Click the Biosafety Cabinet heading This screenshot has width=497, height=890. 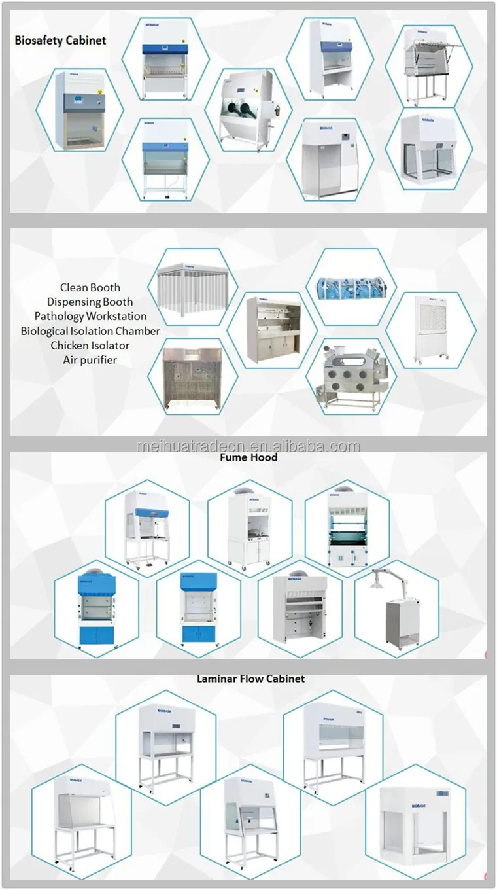tap(60, 40)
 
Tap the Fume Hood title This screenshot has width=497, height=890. tap(248, 457)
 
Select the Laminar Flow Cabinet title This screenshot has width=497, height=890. tap(250, 679)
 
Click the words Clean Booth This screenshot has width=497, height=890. tap(90, 287)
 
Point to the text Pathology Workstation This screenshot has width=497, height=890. tap(90, 317)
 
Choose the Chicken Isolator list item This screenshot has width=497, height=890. tap(90, 346)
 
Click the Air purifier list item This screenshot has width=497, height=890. tap(90, 360)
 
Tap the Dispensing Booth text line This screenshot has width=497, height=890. tap(90, 302)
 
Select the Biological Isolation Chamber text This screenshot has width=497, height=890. tap(90, 331)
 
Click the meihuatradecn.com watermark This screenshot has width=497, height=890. tap(248, 447)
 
